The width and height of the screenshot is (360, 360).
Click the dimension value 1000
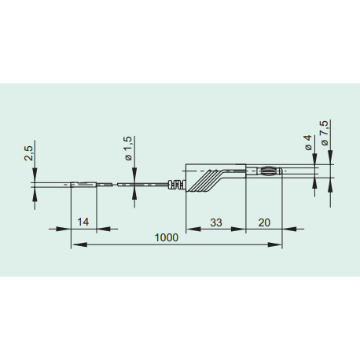point(166,237)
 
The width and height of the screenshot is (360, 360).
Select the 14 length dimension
point(83,223)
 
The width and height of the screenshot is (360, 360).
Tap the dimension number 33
point(216,223)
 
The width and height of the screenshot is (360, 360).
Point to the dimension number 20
point(264,223)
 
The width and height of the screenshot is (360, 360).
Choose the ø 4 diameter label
point(308,143)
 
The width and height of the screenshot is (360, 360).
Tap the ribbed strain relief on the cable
point(178,186)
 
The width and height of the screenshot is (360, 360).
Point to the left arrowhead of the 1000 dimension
point(75,245)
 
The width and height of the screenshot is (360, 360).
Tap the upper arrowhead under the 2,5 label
point(35,178)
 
